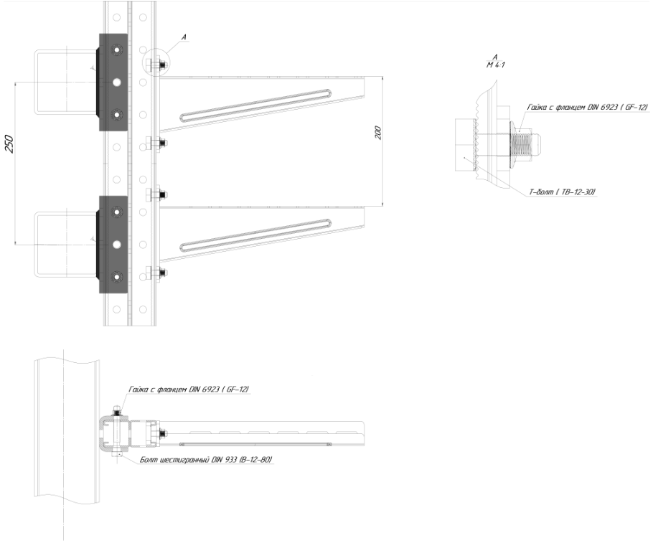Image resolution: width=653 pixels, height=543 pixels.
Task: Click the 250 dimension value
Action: pyautogui.click(x=10, y=144)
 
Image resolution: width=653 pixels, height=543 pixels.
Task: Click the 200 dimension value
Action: pyautogui.click(x=378, y=133)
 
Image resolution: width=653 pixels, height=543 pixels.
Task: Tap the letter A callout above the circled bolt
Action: pyautogui.click(x=184, y=37)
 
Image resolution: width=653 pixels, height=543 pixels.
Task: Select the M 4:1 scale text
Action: pyautogui.click(x=496, y=65)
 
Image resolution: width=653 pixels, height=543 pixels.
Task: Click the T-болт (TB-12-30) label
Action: pyautogui.click(x=562, y=192)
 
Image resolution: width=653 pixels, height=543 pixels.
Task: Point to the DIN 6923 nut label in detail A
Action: pyautogui.click(x=588, y=108)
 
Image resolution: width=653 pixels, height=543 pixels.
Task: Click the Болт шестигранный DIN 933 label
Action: pyautogui.click(x=206, y=460)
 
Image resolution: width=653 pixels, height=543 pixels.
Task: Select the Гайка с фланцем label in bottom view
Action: pyautogui.click(x=189, y=389)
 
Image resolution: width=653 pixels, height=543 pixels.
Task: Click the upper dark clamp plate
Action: pyautogui.click(x=113, y=82)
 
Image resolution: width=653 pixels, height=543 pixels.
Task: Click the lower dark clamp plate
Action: pyautogui.click(x=113, y=245)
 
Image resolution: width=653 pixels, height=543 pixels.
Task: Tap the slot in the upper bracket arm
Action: pyautogui.click(x=255, y=105)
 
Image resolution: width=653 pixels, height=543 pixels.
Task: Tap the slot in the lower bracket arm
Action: pyautogui.click(x=255, y=235)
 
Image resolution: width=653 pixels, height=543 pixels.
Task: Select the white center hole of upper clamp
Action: pyautogui.click(x=116, y=82)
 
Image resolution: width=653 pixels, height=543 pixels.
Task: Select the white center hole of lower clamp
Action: pyautogui.click(x=116, y=245)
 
